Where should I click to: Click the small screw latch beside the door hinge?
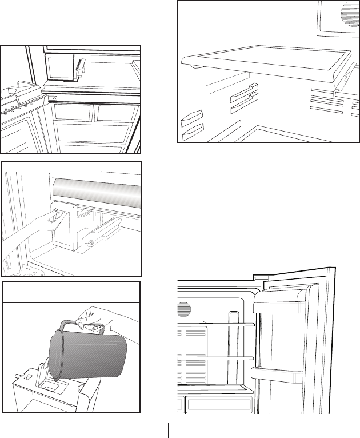click(54, 98)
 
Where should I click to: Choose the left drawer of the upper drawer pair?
click(73, 112)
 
